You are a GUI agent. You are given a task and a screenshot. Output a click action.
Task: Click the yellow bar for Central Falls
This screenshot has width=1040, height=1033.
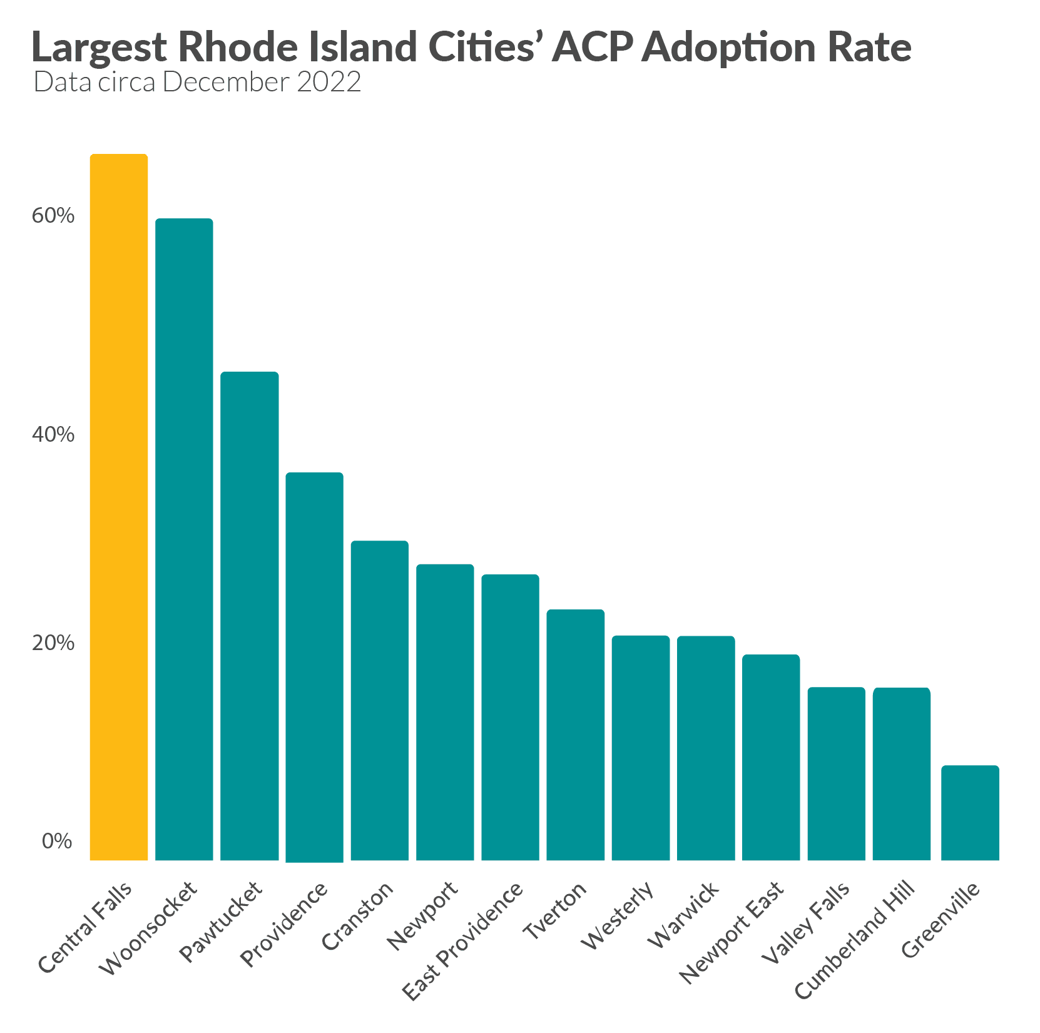(x=119, y=507)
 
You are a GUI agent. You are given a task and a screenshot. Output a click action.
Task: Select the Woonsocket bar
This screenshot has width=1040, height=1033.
(x=184, y=539)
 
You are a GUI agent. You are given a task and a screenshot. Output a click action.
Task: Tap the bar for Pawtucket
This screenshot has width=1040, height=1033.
(x=249, y=616)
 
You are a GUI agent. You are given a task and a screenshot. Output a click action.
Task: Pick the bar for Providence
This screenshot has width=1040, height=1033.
(x=314, y=667)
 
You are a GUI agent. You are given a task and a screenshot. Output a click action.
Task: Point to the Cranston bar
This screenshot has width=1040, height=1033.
(x=379, y=701)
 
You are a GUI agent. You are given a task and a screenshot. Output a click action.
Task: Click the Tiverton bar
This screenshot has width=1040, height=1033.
(x=575, y=735)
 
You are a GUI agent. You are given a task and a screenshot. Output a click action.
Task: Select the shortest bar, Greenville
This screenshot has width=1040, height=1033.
(x=969, y=813)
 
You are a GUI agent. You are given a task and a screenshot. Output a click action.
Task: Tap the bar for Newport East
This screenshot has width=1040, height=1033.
(x=771, y=758)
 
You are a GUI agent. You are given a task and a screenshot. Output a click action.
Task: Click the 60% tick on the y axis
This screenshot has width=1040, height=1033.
(x=53, y=216)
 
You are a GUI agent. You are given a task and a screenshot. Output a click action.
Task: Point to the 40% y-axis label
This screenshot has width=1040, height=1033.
(x=53, y=434)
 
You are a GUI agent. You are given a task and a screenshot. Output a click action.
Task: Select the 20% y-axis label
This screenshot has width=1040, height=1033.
(x=53, y=643)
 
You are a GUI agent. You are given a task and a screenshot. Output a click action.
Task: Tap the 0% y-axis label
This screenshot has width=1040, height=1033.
(x=57, y=842)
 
